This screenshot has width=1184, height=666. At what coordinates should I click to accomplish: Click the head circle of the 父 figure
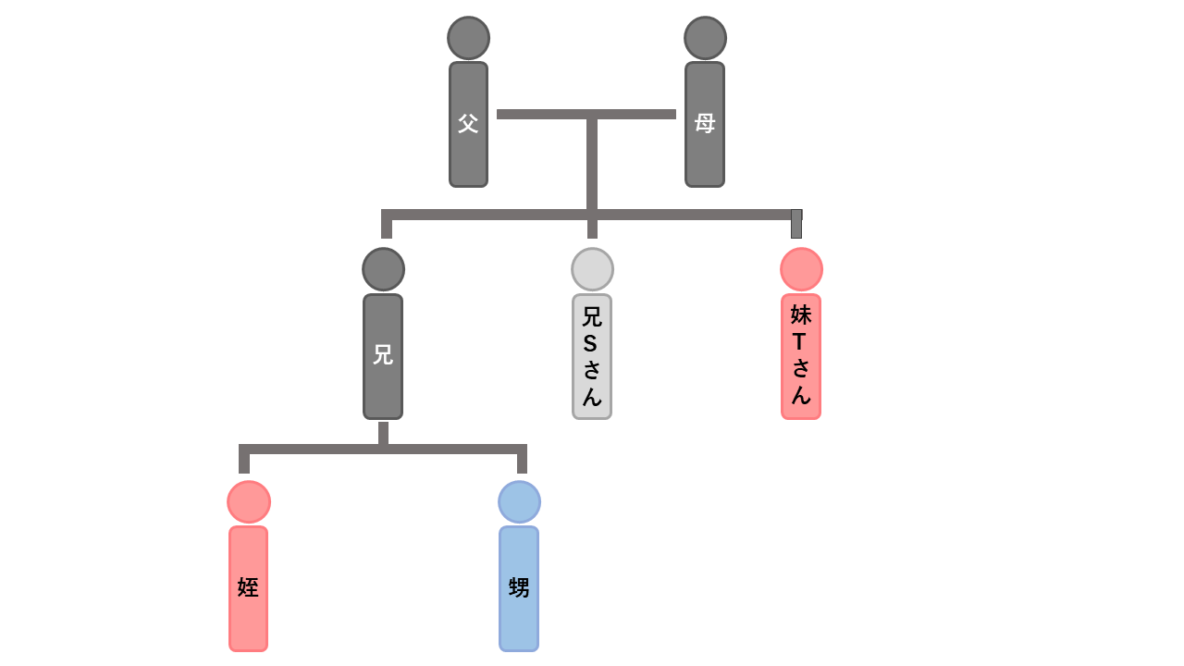tap(468, 38)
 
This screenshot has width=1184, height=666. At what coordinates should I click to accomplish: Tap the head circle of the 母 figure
tap(705, 38)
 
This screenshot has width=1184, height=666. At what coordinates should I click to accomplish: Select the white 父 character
tap(468, 123)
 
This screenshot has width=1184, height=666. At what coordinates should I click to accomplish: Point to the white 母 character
tap(705, 123)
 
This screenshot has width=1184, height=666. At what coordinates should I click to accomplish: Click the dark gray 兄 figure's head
tap(383, 269)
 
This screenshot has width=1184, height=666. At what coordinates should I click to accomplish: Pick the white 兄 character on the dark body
tap(383, 354)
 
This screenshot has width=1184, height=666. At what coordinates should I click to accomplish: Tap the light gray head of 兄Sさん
tap(592, 269)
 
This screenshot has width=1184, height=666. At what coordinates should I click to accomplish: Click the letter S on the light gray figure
tap(592, 343)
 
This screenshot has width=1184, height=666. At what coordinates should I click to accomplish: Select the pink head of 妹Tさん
tap(801, 269)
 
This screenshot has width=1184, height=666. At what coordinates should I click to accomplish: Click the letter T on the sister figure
tap(800, 341)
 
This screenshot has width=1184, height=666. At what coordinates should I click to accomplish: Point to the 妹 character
tap(801, 314)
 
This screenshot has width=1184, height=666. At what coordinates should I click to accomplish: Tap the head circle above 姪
tap(249, 501)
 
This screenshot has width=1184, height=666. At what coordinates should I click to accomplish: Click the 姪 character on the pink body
tap(248, 587)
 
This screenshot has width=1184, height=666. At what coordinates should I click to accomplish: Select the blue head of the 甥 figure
tap(519, 501)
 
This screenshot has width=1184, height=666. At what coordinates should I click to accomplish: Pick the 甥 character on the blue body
tap(519, 587)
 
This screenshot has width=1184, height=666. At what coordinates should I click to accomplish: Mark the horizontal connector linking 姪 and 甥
tap(383, 450)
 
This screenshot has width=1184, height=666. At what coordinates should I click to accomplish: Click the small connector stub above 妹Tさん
tap(796, 224)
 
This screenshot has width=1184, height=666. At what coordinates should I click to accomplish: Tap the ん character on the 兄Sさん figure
tap(592, 397)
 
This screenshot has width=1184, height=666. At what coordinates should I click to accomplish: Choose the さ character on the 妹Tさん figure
tap(801, 368)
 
